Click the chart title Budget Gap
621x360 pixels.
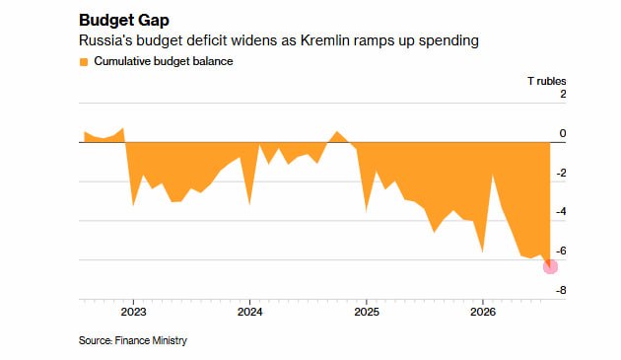point(124,21)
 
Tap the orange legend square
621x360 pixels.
point(84,62)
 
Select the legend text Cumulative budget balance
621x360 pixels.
point(164,61)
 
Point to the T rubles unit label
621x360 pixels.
point(546,81)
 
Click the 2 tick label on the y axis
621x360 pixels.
point(563,95)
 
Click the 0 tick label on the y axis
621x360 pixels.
point(563,133)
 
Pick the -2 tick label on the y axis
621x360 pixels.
point(561,174)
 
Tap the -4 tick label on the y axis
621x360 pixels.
point(561,212)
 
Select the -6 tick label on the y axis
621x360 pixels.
point(561,251)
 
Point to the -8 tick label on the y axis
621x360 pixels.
point(561,291)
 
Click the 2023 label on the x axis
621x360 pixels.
point(133,312)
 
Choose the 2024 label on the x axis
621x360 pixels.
point(250,312)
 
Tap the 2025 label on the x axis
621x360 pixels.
point(367,312)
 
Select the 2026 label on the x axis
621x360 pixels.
point(483,312)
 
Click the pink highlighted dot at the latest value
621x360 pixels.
point(550,267)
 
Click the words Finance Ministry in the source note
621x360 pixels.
point(151,340)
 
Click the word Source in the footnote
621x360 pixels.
point(96,340)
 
